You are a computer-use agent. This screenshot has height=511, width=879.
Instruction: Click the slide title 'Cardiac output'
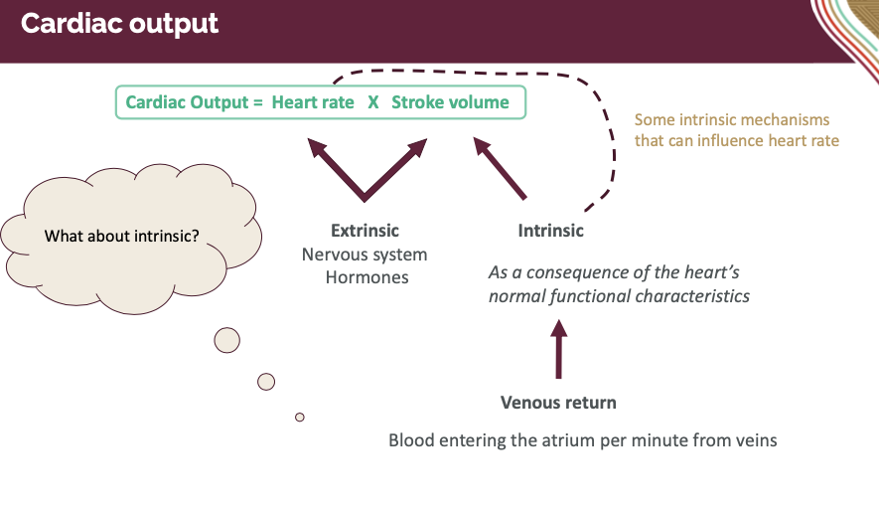pyautogui.click(x=119, y=24)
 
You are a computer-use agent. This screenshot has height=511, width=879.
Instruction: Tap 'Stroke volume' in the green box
pyautogui.click(x=450, y=102)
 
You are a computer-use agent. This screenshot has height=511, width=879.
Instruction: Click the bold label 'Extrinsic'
pyautogui.click(x=366, y=231)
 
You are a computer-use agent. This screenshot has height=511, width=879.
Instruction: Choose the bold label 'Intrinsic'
pyautogui.click(x=550, y=231)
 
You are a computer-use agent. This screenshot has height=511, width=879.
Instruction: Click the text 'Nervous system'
pyautogui.click(x=365, y=255)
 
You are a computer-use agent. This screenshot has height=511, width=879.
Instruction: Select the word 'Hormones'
pyautogui.click(x=366, y=277)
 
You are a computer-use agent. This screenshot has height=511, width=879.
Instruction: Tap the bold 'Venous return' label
pyautogui.click(x=558, y=403)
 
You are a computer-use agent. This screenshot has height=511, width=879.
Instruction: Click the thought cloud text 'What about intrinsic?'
pyautogui.click(x=122, y=237)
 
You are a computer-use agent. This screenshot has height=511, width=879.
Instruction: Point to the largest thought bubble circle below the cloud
pyautogui.click(x=227, y=340)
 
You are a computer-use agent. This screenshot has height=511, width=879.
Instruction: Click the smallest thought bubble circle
pyautogui.click(x=299, y=417)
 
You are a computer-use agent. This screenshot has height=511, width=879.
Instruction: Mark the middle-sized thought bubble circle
pyautogui.click(x=266, y=381)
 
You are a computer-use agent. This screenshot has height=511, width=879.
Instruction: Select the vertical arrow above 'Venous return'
pyautogui.click(x=558, y=348)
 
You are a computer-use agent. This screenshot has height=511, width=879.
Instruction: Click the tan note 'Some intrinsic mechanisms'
pyautogui.click(x=732, y=119)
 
